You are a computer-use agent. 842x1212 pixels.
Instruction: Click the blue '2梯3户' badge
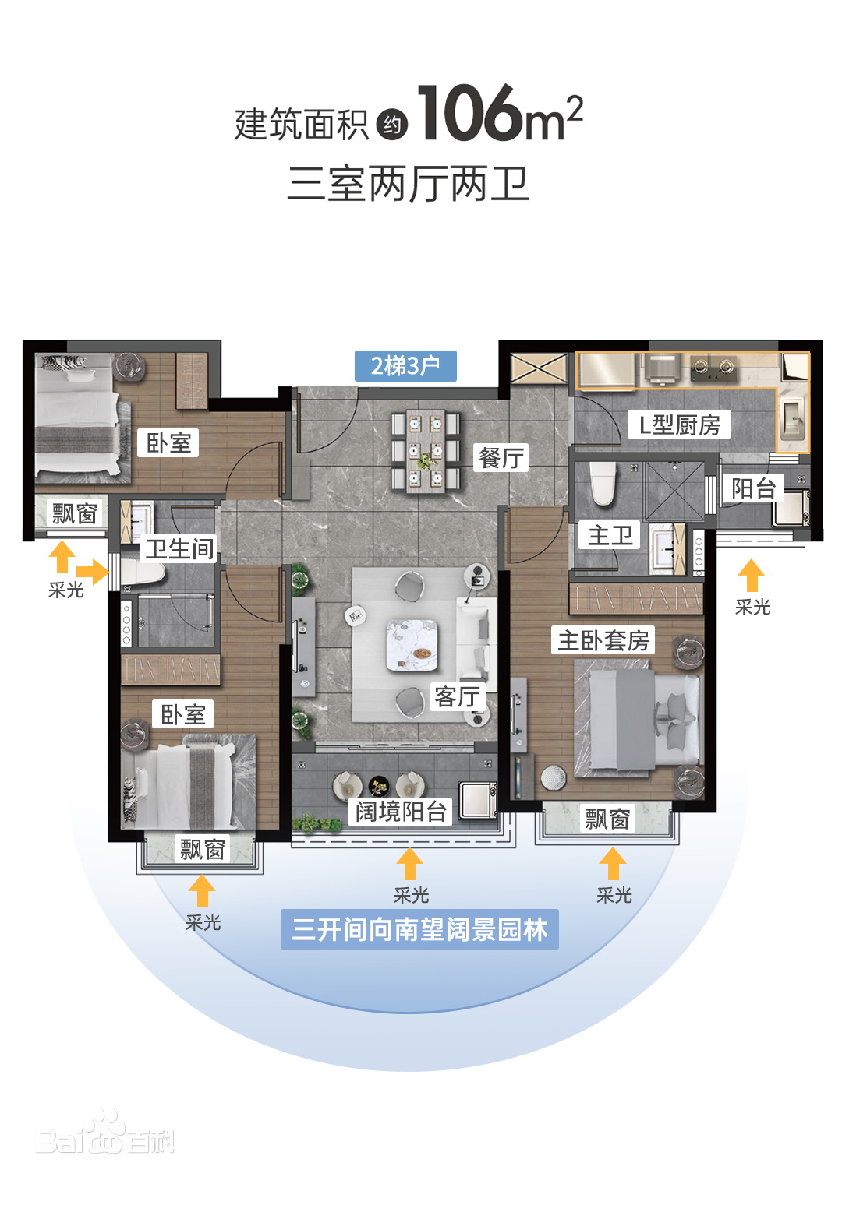point(405,366)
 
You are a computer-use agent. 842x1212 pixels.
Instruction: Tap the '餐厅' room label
point(501,458)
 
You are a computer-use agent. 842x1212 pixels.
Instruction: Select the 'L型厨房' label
point(680,425)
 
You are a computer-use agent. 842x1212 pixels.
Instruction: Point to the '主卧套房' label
point(603,640)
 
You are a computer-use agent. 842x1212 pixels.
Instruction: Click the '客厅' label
point(458,696)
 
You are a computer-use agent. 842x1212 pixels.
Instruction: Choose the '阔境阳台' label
point(401,811)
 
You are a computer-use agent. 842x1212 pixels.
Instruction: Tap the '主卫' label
point(610,535)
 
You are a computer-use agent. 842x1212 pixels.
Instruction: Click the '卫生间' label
point(179,548)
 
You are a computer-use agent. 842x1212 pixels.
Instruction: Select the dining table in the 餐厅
point(426,451)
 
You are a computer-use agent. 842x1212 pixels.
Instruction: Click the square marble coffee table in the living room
point(412,645)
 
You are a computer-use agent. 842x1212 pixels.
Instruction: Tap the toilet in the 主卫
point(603,483)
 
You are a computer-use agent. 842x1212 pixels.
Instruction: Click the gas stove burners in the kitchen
point(714,368)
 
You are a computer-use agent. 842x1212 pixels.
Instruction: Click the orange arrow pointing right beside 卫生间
point(92,572)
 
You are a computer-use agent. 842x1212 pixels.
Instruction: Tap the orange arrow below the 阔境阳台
point(409,863)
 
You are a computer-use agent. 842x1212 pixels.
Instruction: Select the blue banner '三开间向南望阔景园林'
point(419,929)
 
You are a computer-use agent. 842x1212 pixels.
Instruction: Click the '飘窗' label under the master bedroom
point(607,819)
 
